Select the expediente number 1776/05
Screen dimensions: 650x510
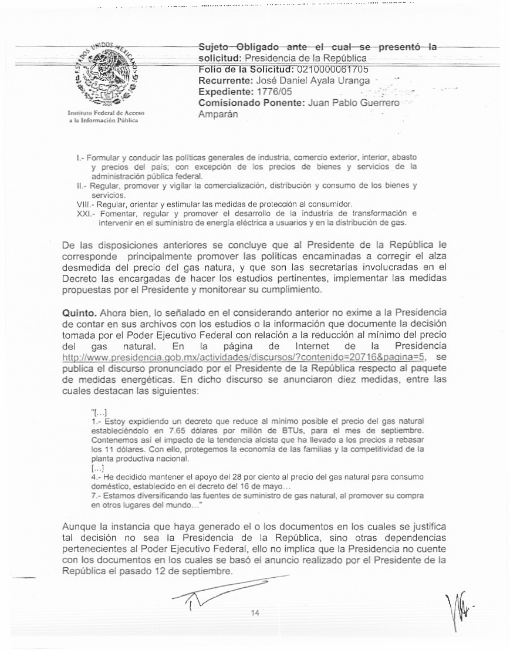pyautogui.click(x=272, y=92)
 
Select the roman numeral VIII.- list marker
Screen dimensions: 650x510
pyautogui.click(x=85, y=204)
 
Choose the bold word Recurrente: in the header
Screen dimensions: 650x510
pyautogui.click(x=224, y=80)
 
